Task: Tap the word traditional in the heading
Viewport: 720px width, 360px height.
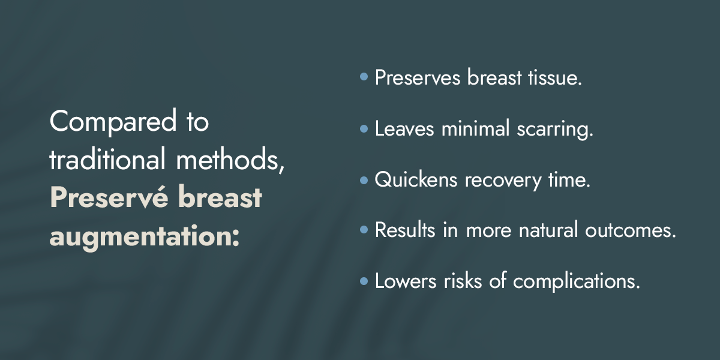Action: (107, 158)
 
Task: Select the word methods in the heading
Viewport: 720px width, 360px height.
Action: (230, 160)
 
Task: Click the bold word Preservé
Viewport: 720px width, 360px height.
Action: (109, 197)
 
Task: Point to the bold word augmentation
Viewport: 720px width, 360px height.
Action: (145, 237)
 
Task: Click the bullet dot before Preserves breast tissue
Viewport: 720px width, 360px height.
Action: (364, 77)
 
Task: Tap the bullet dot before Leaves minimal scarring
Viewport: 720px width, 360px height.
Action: (364, 128)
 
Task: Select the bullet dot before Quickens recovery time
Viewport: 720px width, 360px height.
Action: (364, 179)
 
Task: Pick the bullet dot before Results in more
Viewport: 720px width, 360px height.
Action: (364, 229)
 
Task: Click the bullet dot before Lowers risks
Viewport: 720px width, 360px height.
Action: (364, 281)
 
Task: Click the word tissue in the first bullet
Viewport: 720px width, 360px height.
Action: (555, 77)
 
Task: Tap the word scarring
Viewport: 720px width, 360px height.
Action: (555, 129)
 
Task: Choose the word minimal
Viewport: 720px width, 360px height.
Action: (475, 128)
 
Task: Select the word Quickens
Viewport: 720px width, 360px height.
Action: (416, 179)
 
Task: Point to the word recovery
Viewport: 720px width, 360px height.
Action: (503, 181)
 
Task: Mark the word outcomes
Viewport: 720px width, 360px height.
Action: (631, 230)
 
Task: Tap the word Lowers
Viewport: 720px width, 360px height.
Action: (406, 281)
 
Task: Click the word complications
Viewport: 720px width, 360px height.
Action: (577, 282)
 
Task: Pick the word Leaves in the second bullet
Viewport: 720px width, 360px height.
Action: (404, 128)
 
